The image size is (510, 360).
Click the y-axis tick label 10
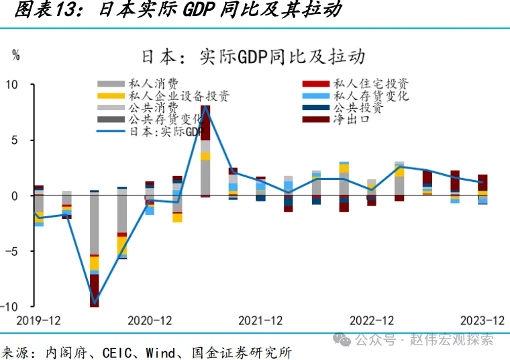(x=13, y=85)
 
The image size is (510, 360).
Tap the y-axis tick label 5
(x=15, y=140)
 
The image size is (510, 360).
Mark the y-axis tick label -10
(x=10, y=306)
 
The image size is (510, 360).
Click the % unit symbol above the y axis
(x=15, y=56)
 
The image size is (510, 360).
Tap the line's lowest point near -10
(x=95, y=302)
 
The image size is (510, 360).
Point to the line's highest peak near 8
(x=205, y=107)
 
